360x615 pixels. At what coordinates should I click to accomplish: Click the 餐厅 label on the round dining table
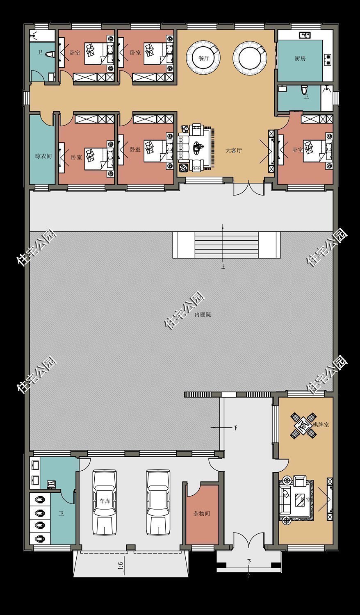204,58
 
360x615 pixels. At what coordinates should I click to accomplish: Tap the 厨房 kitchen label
300,58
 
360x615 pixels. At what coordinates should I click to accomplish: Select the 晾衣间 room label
43,156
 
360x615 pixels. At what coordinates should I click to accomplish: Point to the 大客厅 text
234,150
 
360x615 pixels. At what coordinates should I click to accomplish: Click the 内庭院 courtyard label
203,314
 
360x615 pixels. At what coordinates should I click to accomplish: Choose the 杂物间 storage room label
202,513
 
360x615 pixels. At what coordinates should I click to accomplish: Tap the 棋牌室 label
321,424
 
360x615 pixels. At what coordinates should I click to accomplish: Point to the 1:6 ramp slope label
121,565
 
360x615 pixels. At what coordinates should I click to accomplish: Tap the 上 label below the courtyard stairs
223,266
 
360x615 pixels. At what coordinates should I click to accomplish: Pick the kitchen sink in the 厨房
305,36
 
